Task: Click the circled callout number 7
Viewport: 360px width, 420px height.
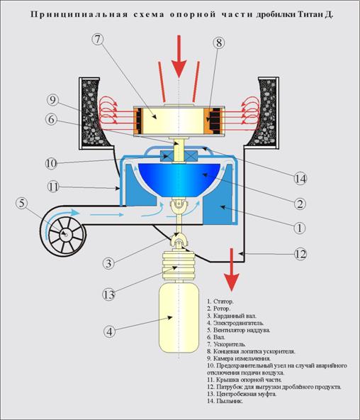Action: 98,40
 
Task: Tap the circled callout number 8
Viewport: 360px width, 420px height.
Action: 219,43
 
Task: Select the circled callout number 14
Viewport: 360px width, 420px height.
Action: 300,179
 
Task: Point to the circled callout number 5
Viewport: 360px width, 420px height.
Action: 22,203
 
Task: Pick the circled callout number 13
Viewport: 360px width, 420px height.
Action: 109,294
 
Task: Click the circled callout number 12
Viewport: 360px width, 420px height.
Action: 300,254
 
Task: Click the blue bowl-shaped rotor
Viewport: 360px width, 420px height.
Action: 179,179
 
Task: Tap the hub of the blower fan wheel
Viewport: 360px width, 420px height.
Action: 65,235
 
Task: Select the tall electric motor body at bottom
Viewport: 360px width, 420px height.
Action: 179,318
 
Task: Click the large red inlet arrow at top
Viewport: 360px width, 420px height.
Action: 179,57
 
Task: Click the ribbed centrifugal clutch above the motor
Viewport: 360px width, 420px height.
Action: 179,266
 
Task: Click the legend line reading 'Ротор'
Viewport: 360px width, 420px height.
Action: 218,309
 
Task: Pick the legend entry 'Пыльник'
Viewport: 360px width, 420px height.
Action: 225,401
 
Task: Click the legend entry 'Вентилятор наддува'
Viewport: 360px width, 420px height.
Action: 239,330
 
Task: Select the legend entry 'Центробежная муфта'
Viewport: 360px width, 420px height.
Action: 242,394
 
